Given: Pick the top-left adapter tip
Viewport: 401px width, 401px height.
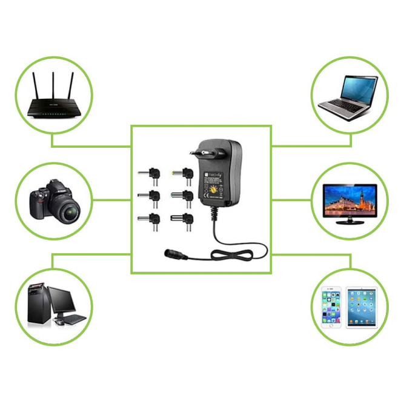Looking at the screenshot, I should click(x=152, y=174).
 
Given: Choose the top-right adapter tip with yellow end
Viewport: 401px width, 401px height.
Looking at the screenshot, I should click(x=184, y=174).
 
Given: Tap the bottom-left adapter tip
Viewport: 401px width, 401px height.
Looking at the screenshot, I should click(x=152, y=219).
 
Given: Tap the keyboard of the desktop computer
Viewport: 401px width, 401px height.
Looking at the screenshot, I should click(x=71, y=318).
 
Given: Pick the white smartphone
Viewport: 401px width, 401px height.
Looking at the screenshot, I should click(x=331, y=306).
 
